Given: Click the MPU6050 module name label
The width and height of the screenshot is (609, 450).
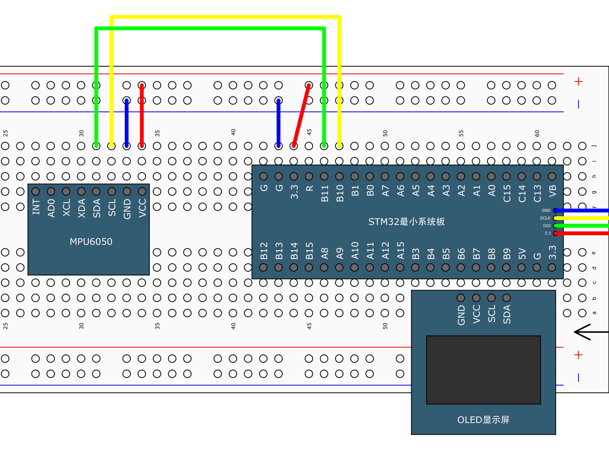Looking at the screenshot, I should (x=91, y=241).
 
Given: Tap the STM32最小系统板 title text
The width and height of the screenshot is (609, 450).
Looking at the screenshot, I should (x=406, y=222).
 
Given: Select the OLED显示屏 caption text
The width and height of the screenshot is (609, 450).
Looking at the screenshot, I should (x=483, y=420).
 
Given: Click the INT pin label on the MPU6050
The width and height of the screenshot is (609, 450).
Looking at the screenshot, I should (x=36, y=207).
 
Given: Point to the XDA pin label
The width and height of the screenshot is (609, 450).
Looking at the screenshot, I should (x=81, y=207).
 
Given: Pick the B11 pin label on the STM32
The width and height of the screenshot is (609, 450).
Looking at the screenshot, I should (x=324, y=193).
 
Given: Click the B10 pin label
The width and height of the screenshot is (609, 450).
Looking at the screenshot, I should (x=340, y=193).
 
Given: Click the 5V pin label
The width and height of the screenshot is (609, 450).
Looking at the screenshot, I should (x=522, y=253).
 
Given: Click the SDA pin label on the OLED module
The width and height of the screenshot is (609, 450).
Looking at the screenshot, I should (x=507, y=314).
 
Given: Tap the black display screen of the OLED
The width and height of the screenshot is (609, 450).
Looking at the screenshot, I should (x=483, y=370).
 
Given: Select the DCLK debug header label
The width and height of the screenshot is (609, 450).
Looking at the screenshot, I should (x=545, y=218).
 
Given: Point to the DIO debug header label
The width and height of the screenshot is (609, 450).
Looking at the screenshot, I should (x=546, y=225).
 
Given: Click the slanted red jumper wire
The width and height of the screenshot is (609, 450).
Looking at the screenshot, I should (x=301, y=115).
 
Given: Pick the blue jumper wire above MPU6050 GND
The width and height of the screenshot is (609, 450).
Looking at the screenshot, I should (x=127, y=122).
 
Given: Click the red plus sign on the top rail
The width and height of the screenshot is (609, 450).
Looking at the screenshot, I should (x=578, y=81).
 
